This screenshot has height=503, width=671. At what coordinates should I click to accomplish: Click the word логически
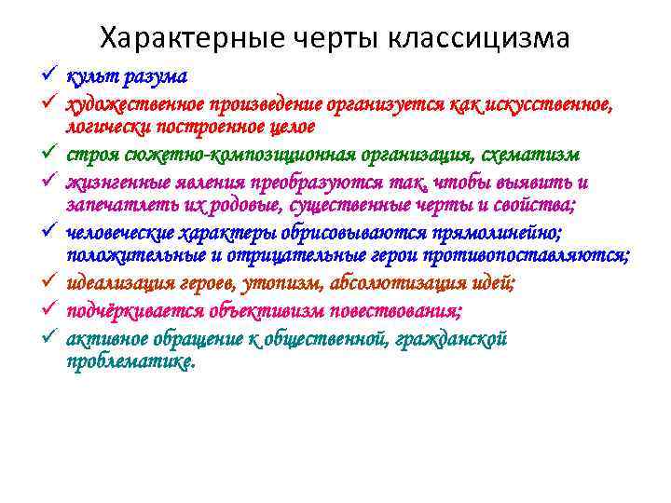(x=108, y=125)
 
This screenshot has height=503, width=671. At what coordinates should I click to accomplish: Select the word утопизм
(x=285, y=282)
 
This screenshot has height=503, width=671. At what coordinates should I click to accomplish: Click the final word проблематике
(x=131, y=360)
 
